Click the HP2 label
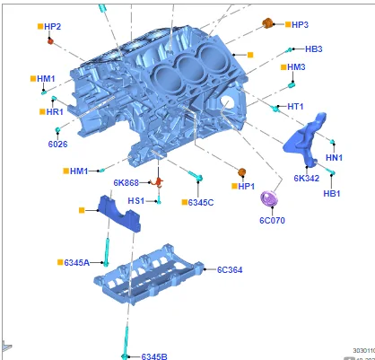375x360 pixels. (x=53, y=27)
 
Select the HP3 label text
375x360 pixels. (x=300, y=24)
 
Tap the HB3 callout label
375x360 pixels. (x=313, y=48)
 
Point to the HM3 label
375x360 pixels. (x=296, y=66)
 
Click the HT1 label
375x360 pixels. (x=296, y=107)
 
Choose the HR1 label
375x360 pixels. (x=54, y=112)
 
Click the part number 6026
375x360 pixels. (x=57, y=143)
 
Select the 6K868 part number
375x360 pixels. (x=126, y=183)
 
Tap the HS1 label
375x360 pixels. (x=135, y=200)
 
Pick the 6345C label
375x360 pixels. (x=201, y=202)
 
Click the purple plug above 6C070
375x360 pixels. (x=268, y=198)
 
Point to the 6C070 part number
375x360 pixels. (x=272, y=219)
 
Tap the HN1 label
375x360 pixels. (x=334, y=157)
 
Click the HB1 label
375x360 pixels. (x=331, y=193)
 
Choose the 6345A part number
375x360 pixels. (x=76, y=262)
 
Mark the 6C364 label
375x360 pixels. (x=231, y=268)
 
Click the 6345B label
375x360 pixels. (x=154, y=356)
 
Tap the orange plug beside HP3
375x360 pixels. (x=267, y=22)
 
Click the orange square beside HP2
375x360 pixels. (x=39, y=27)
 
